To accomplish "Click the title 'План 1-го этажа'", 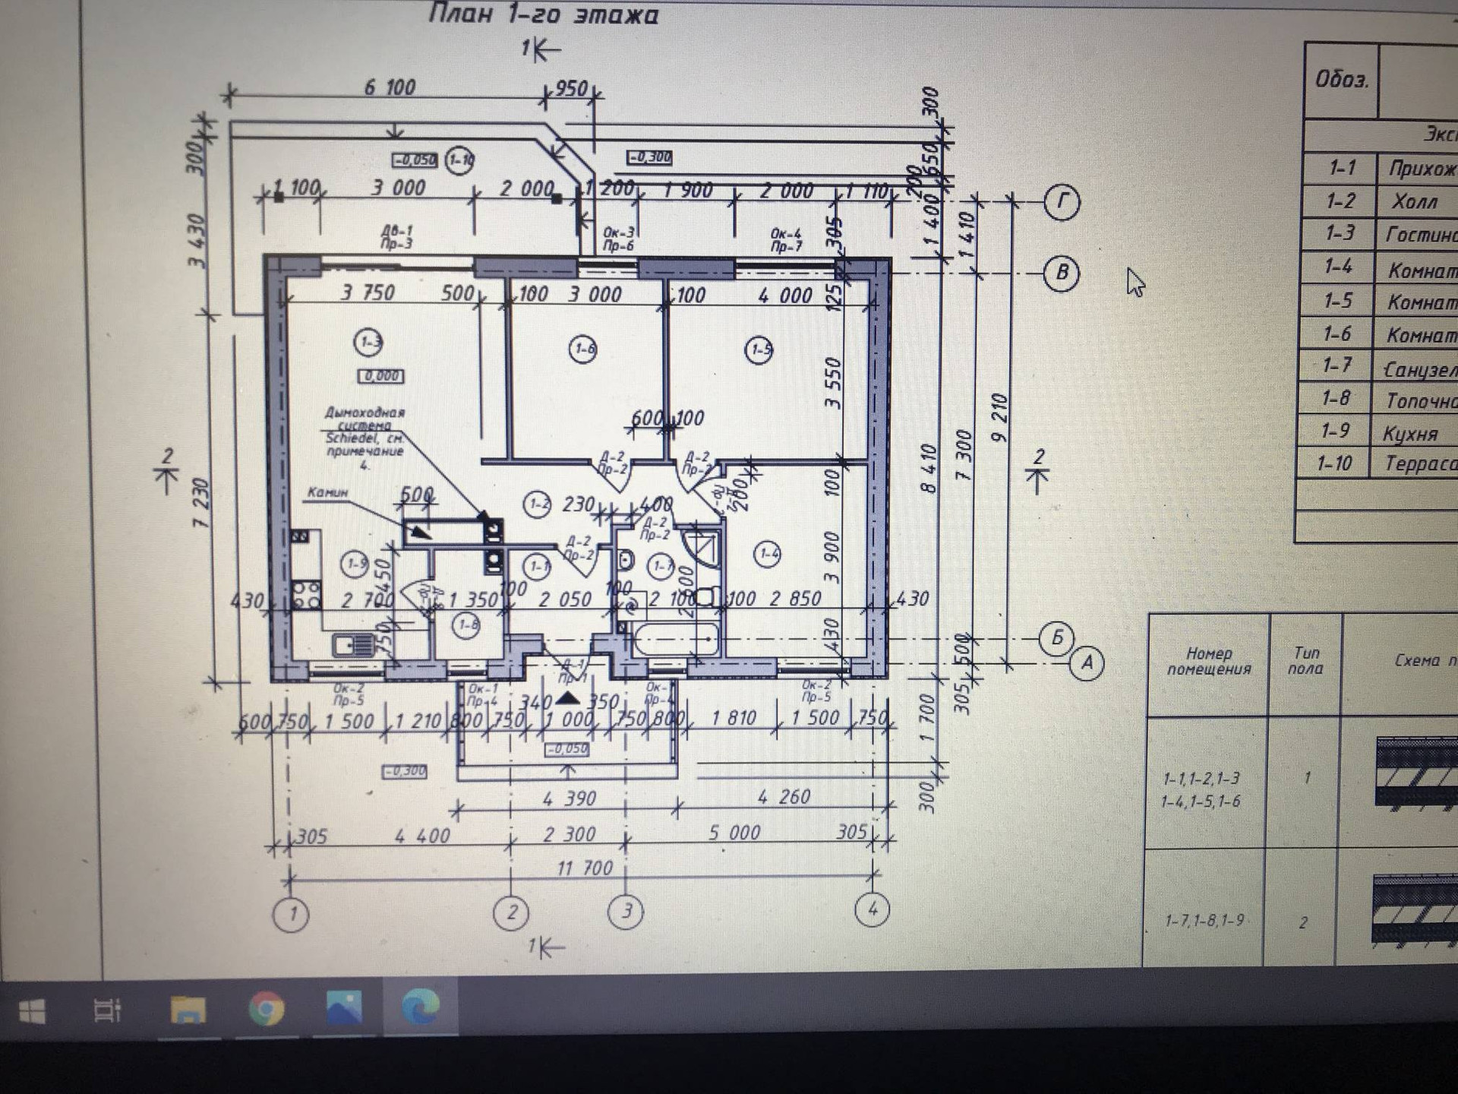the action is pyautogui.click(x=543, y=14).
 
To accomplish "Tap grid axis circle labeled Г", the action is pyautogui.click(x=1061, y=202).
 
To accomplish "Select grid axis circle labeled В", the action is pyautogui.click(x=1061, y=272).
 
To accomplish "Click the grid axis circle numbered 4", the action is pyautogui.click(x=872, y=909).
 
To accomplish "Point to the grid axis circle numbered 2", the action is pyautogui.click(x=511, y=912).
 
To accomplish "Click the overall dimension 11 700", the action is pyautogui.click(x=584, y=868).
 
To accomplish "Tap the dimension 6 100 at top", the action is pyautogui.click(x=390, y=87).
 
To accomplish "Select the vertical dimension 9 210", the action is pyautogui.click(x=999, y=418).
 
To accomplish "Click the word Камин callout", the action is pyautogui.click(x=327, y=492).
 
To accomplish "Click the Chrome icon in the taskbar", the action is pyautogui.click(x=266, y=1010).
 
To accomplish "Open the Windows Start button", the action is pyautogui.click(x=31, y=1011).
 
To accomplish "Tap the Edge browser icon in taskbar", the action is pyautogui.click(x=420, y=1007).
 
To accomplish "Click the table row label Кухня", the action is pyautogui.click(x=1410, y=433).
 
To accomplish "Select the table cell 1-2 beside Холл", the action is pyautogui.click(x=1340, y=201).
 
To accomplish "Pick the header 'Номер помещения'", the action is pyautogui.click(x=1208, y=661).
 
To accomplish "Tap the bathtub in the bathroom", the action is pyautogui.click(x=674, y=640).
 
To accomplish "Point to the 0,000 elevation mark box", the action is pyautogui.click(x=380, y=376).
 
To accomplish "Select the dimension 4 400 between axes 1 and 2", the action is pyautogui.click(x=422, y=836).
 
